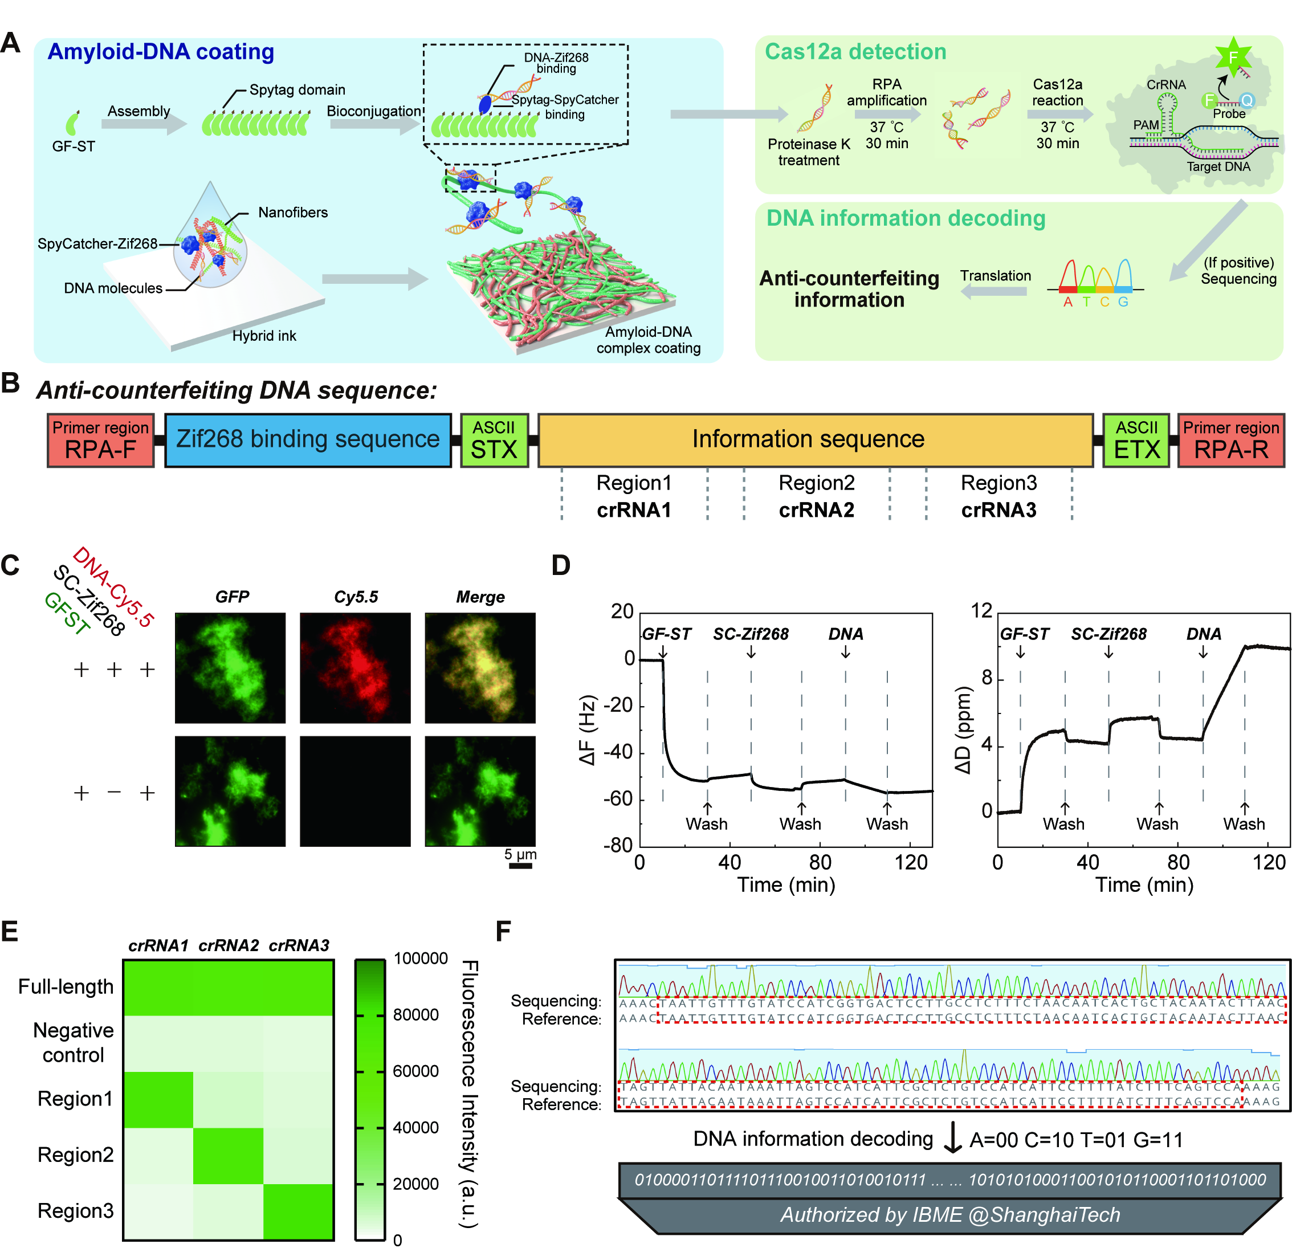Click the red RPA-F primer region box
click(x=100, y=441)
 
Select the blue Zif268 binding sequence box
click(x=308, y=441)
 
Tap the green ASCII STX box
click(x=494, y=441)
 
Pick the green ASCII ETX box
click(x=1136, y=441)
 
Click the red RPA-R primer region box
click(x=1230, y=441)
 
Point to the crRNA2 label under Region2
click(x=816, y=510)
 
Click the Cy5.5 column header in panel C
click(x=356, y=597)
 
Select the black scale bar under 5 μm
click(x=521, y=865)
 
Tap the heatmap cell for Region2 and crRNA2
click(x=228, y=1156)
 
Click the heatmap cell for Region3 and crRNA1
click(x=158, y=1212)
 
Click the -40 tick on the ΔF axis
click(x=619, y=752)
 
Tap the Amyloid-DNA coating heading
click(x=161, y=51)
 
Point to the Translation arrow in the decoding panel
click(x=995, y=291)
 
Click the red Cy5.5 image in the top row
click(x=355, y=668)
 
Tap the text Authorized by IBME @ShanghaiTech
click(x=950, y=1214)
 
